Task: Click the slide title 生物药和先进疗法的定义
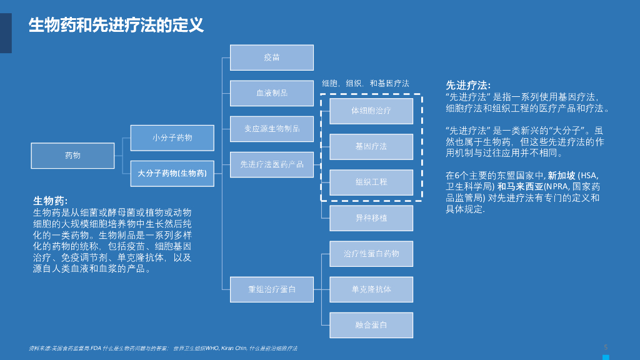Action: click(x=116, y=26)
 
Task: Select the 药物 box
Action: click(x=72, y=156)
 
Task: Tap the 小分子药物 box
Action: click(x=172, y=137)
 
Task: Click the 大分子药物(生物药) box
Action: click(x=172, y=173)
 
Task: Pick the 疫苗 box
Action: click(x=271, y=57)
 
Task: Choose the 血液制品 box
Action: click(x=271, y=93)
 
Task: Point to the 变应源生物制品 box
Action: click(x=271, y=129)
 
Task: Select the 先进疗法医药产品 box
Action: click(x=271, y=164)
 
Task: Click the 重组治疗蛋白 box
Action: click(x=271, y=289)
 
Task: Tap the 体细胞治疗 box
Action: click(x=371, y=111)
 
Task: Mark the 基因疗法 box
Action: click(x=371, y=146)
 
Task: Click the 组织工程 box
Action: click(x=371, y=182)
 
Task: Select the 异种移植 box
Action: click(x=371, y=218)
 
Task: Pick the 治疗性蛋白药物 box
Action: click(x=371, y=254)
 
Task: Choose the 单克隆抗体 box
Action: click(x=371, y=289)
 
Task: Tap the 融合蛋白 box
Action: click(x=371, y=325)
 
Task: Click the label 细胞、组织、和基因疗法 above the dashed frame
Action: click(x=366, y=83)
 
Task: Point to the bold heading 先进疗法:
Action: click(x=467, y=85)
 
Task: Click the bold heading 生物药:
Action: click(x=50, y=201)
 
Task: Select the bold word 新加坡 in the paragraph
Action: click(x=561, y=176)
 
